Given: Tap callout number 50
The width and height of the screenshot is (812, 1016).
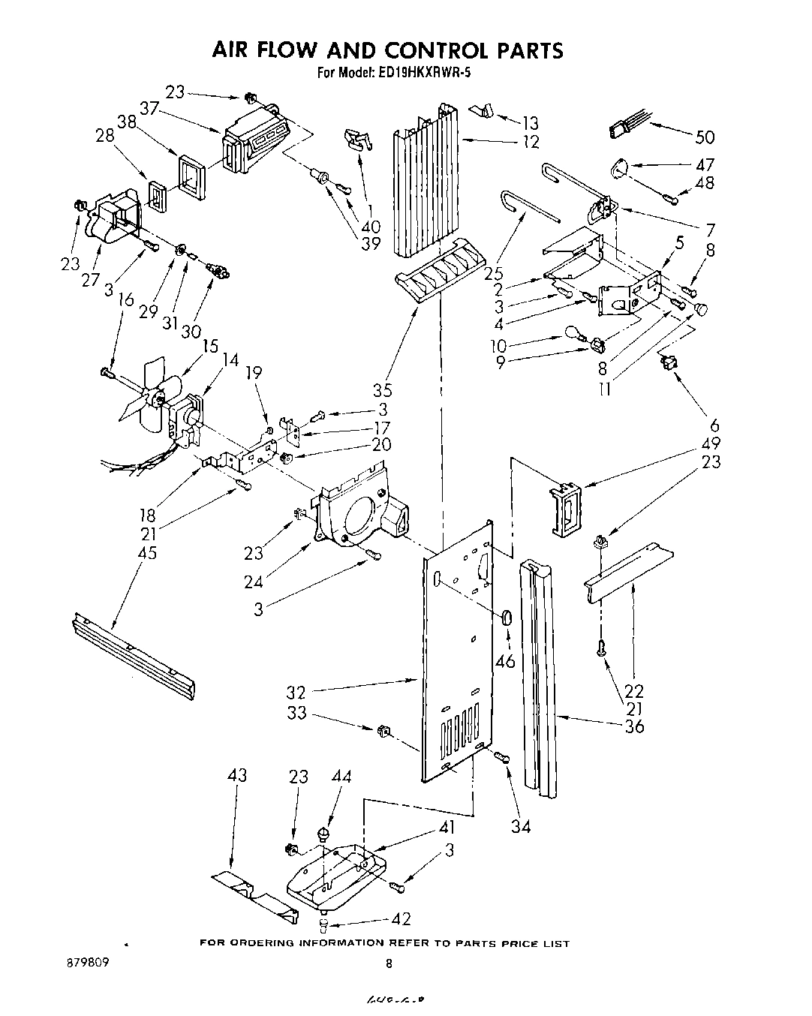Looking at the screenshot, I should (x=705, y=137).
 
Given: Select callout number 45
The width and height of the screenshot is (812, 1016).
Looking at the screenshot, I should (x=147, y=552).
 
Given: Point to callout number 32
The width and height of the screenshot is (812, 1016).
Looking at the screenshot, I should (x=296, y=691).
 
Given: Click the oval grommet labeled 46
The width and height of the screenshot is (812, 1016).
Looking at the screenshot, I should (x=507, y=618).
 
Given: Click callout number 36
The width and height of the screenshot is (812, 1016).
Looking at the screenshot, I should (x=634, y=726).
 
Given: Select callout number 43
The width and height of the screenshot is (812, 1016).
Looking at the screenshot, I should (x=237, y=775).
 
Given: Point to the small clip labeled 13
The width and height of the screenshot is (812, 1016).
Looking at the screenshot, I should (x=481, y=111).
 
